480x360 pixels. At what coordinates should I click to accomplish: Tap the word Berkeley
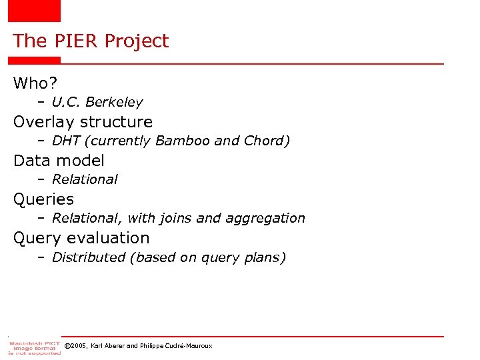(x=115, y=102)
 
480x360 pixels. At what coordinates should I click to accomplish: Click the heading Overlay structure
(x=83, y=122)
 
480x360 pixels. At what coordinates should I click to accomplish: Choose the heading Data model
(x=59, y=161)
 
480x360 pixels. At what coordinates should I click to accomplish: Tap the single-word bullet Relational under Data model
(x=84, y=179)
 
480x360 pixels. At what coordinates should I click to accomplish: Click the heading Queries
(x=43, y=199)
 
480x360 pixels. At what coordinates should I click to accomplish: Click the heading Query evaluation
(x=81, y=238)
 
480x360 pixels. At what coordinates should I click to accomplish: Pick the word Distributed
(x=88, y=257)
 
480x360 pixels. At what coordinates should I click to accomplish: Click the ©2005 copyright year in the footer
(x=74, y=346)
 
